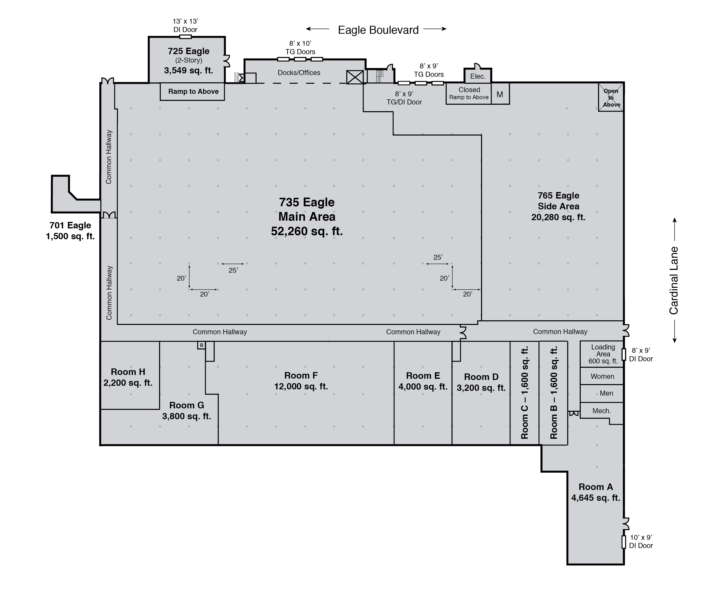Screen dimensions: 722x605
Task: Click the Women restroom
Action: [602, 376]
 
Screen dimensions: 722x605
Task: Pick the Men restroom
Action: [602, 393]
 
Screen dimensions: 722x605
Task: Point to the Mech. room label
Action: [602, 411]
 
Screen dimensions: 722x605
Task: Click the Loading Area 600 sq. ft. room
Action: [602, 354]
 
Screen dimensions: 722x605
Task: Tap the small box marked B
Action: [201, 345]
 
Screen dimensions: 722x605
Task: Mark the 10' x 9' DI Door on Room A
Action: [624, 542]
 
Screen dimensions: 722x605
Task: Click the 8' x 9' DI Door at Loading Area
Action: [624, 354]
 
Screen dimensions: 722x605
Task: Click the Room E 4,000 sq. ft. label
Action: [423, 381]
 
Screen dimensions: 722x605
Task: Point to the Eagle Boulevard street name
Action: [378, 30]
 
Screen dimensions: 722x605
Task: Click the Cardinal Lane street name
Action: [674, 281]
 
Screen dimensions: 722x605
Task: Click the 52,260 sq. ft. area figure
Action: [307, 231]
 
